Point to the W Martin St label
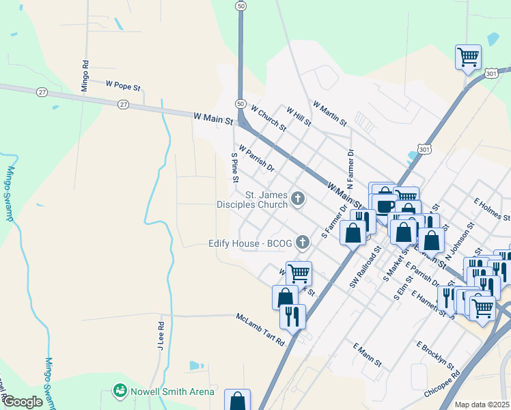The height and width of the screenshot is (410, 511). click(330, 113)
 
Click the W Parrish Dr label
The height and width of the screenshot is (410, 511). click(256, 158)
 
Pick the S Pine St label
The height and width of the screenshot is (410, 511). click(234, 168)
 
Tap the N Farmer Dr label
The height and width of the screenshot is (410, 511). click(350, 169)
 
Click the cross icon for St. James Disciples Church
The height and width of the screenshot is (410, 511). click(297, 199)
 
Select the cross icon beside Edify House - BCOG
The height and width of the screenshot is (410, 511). click(302, 243)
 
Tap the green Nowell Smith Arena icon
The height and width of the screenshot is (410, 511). click(120, 391)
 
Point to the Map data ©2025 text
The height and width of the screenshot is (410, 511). click(482, 405)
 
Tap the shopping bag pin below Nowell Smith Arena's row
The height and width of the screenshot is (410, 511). click(237, 400)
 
